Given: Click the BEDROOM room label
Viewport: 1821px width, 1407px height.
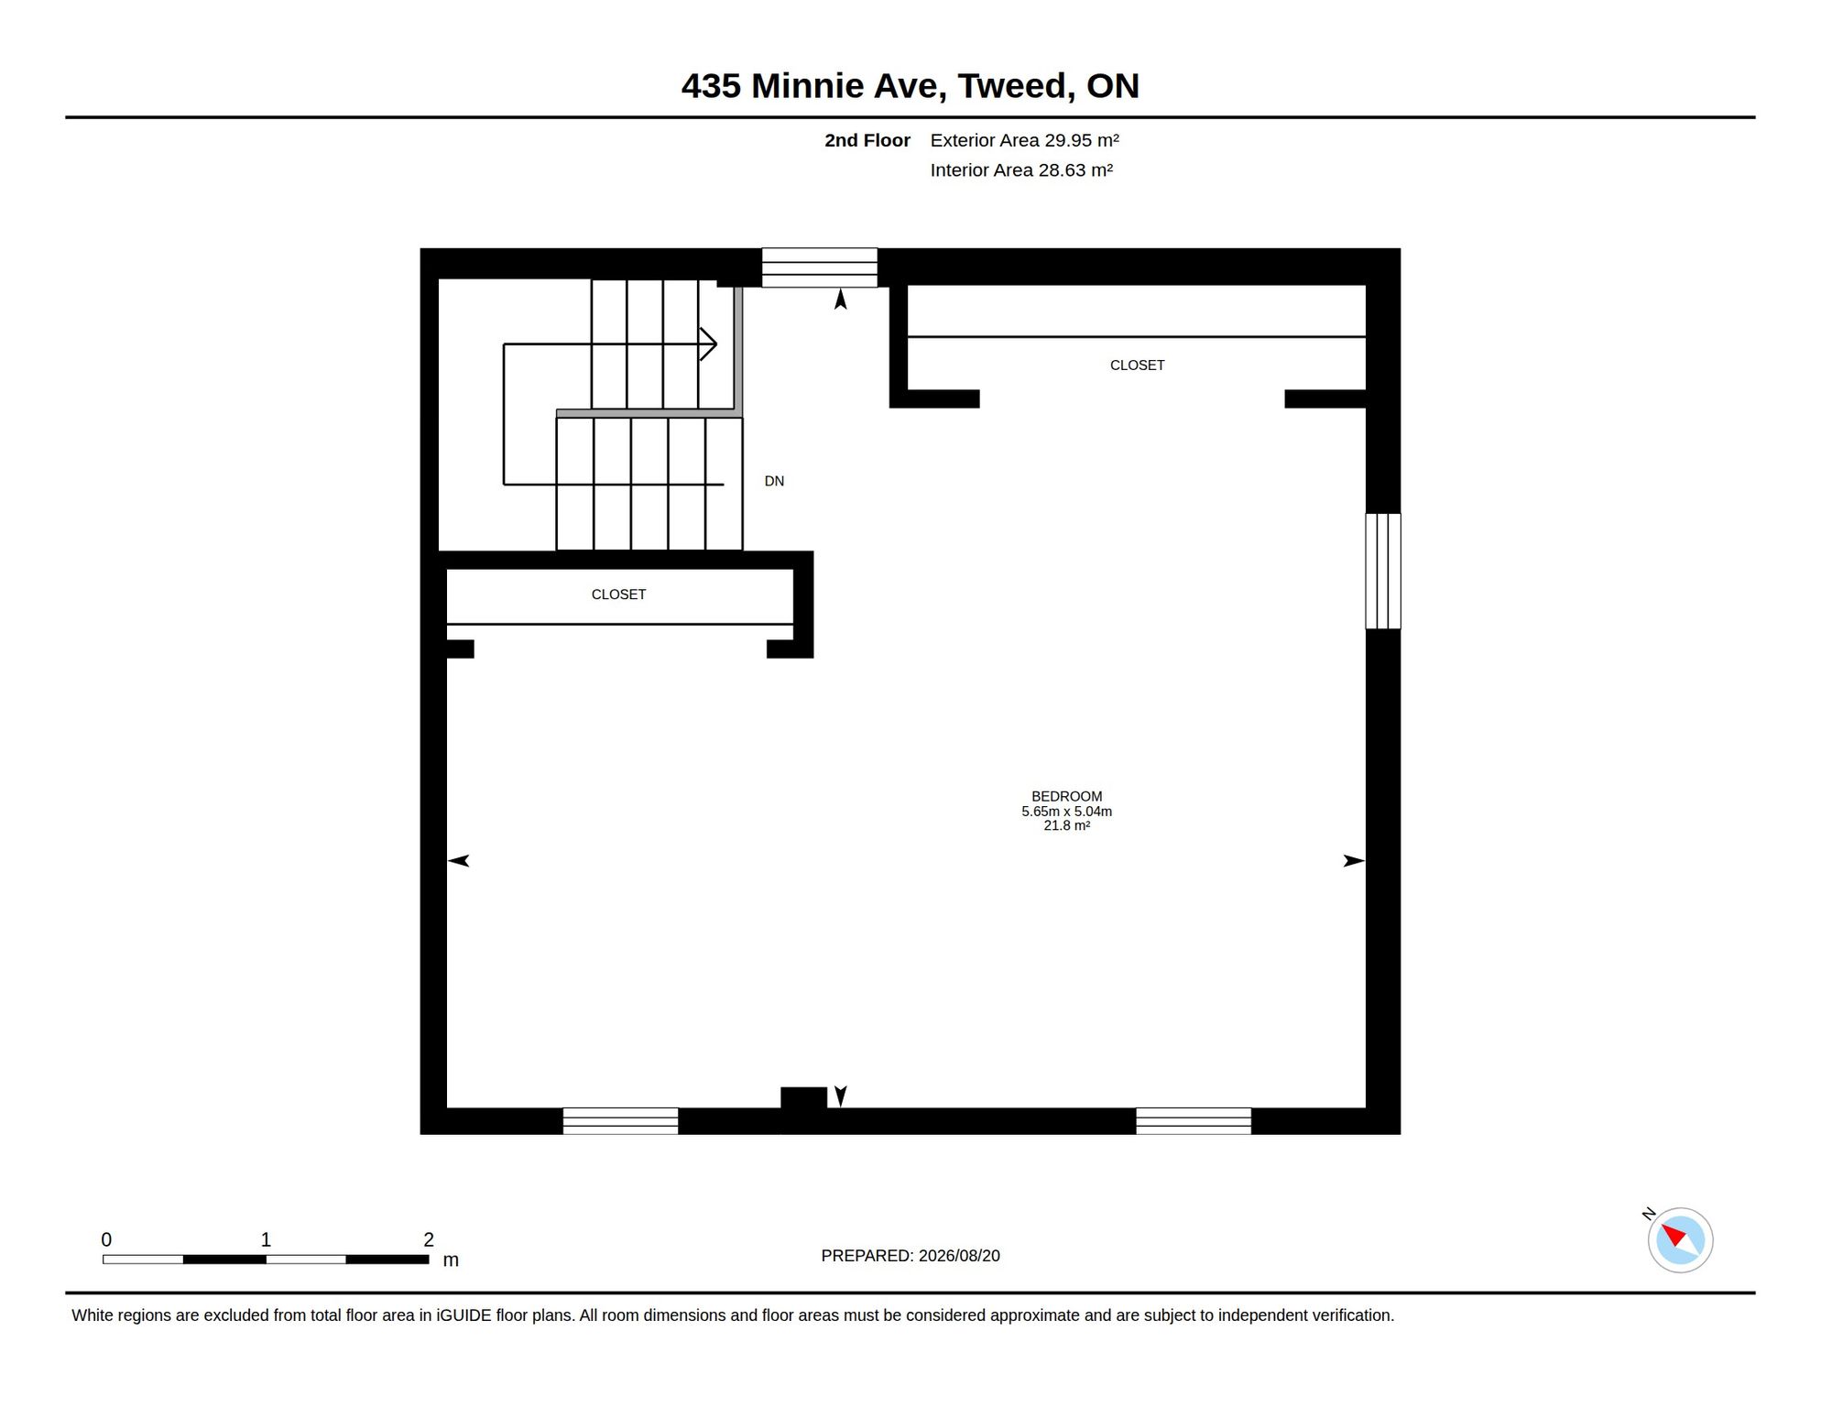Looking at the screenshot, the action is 1066,796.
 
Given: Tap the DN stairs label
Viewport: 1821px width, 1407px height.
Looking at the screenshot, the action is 774,481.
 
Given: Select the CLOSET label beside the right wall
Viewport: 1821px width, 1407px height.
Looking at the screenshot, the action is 1137,365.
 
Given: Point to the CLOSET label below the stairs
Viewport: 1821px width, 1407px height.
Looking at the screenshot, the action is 618,594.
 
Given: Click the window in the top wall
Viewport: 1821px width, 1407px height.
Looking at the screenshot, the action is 819,267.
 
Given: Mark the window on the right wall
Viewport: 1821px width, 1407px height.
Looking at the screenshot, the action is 1382,571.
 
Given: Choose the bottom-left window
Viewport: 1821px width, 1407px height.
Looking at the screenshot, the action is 620,1120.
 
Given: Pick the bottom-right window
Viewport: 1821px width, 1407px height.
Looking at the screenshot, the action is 1193,1120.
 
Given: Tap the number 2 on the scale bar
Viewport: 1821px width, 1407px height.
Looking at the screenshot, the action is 429,1239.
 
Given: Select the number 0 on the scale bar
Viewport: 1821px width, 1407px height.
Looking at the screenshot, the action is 106,1239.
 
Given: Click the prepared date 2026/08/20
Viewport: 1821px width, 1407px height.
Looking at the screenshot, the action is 959,1255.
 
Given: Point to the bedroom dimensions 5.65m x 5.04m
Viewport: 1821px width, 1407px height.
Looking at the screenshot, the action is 1066,811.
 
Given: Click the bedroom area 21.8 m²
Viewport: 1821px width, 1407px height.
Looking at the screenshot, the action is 1066,825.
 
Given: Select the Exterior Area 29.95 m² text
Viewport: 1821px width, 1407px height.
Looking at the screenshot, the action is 1024,140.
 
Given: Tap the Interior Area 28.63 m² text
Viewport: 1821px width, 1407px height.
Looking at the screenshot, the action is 1021,170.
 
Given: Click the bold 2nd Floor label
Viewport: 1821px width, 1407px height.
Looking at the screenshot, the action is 867,140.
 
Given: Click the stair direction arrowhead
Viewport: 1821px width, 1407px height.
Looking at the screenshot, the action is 708,344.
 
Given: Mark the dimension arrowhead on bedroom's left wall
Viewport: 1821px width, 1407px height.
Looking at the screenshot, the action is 458,860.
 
